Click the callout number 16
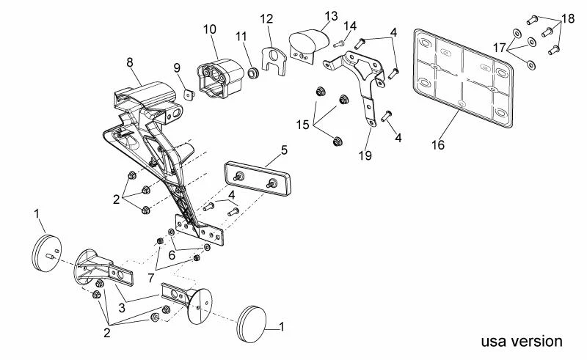(437, 145)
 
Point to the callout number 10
(210, 29)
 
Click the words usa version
(522, 342)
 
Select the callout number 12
(266, 18)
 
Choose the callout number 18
(568, 18)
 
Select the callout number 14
(351, 26)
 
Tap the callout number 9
(177, 67)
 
